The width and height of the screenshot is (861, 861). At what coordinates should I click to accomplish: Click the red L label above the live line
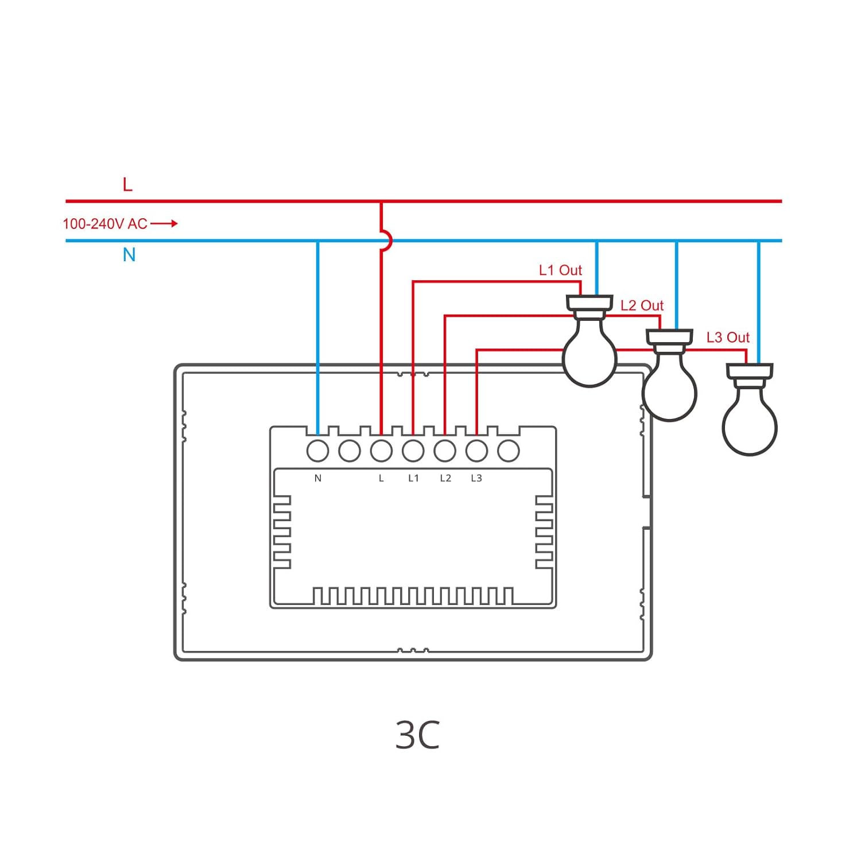point(127,185)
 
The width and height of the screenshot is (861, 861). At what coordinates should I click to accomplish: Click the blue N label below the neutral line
point(129,255)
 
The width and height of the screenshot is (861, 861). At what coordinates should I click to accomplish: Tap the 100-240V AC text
point(105,224)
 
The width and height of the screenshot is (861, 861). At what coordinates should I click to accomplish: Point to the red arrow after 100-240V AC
point(164,223)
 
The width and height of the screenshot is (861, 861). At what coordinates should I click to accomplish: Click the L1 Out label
point(560,270)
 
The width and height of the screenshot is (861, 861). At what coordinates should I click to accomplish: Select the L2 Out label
point(642,306)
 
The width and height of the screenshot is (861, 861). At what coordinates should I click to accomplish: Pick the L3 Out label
point(728,338)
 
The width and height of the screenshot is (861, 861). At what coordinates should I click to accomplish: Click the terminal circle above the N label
point(318,451)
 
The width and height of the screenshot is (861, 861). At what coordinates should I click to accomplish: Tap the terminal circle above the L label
point(381,451)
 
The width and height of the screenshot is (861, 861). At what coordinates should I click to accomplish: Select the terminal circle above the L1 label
point(413,451)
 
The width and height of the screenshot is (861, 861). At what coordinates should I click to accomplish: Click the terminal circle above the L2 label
point(445,451)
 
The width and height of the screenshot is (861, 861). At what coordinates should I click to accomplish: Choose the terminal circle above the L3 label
point(476,451)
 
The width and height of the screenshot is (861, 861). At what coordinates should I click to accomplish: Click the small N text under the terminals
point(318,478)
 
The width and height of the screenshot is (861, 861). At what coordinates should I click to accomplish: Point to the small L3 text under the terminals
point(476,478)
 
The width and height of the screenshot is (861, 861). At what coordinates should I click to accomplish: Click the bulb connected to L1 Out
point(589,356)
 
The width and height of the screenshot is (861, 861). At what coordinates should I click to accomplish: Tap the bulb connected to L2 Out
point(669,390)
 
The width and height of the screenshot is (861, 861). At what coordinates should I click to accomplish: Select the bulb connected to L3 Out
point(749,425)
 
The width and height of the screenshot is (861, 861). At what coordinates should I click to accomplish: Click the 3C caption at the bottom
point(417,735)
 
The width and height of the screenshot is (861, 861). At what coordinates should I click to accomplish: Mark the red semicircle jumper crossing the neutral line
point(387,241)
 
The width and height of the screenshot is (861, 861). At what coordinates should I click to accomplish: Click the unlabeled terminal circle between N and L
point(350,451)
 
